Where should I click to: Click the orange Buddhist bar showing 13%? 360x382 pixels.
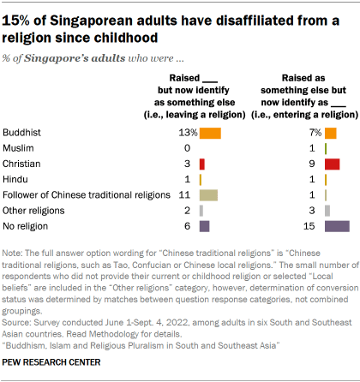tap(210, 133)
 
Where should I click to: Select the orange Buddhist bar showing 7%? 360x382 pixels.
tap(331, 133)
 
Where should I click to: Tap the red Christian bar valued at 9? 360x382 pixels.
tap(333, 164)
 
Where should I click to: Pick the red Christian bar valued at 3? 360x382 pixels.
tap(202, 164)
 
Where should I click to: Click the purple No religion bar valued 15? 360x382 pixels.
tap(337, 226)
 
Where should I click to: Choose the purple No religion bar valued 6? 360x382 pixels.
tap(204, 226)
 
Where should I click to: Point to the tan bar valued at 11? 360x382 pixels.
tap(208, 195)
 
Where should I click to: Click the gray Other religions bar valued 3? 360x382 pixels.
tap(328, 211)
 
